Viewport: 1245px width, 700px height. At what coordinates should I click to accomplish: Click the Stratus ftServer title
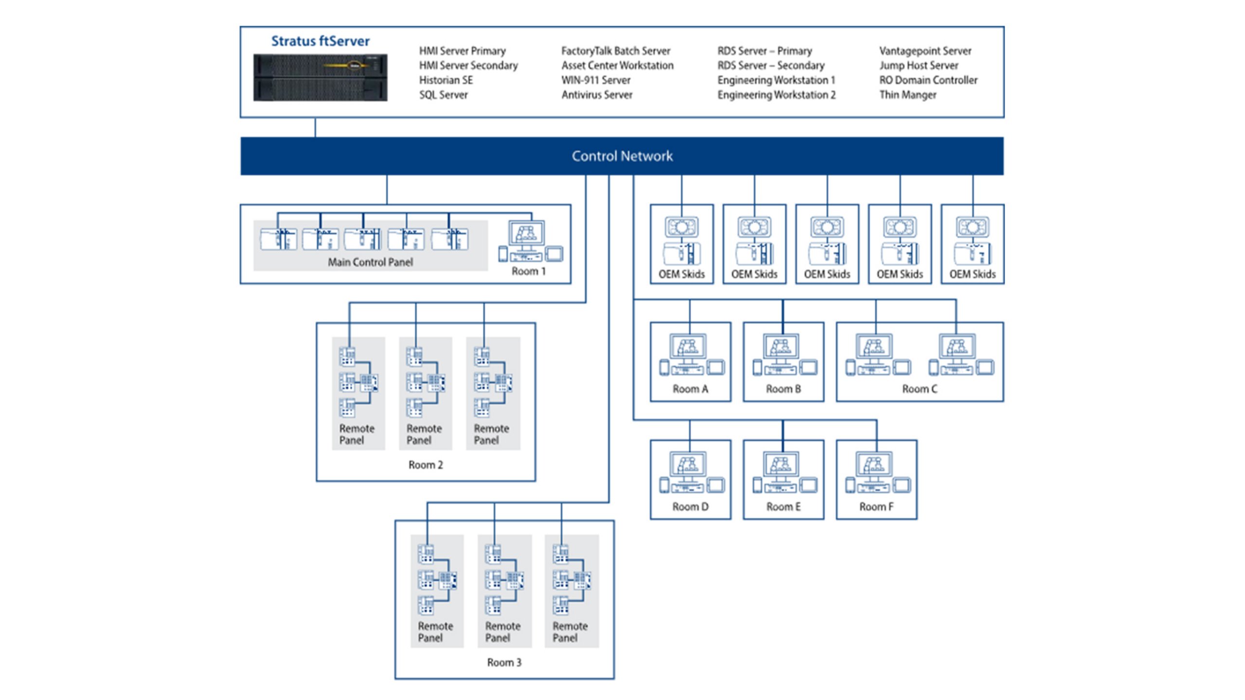[320, 41]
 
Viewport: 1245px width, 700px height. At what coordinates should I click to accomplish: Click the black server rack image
[320, 78]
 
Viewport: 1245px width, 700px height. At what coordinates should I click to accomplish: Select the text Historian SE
[445, 80]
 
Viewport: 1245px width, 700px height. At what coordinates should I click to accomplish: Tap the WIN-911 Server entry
[595, 80]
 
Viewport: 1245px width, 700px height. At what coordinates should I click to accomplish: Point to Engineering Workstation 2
[776, 95]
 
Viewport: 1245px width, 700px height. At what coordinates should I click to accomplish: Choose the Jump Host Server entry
[918, 66]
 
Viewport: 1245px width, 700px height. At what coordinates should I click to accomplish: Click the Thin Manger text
[907, 95]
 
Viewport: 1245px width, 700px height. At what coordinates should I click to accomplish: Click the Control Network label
[622, 156]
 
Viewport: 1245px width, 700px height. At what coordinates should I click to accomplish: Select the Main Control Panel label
[370, 262]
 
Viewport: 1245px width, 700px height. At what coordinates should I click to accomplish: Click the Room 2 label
[426, 465]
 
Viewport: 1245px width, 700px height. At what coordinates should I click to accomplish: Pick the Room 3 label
[504, 663]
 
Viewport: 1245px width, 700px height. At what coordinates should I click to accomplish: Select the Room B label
[783, 389]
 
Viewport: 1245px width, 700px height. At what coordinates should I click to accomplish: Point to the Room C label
[919, 389]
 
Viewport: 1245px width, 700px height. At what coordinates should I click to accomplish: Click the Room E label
[783, 507]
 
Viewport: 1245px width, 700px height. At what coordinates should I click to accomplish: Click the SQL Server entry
[443, 95]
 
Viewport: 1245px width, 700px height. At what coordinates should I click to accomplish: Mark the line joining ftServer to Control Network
[315, 127]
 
